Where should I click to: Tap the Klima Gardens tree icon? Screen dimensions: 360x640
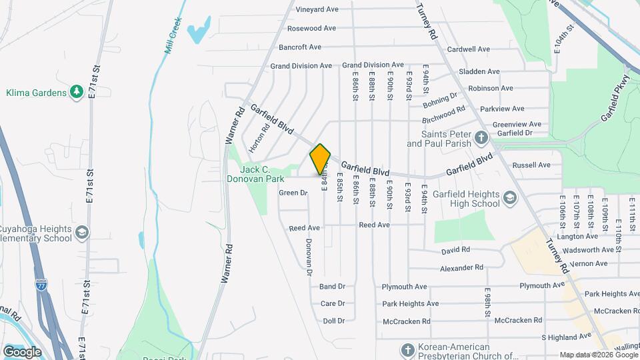(77, 92)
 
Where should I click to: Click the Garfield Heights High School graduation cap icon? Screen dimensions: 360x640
(510, 198)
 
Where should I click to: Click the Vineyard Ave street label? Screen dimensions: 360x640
(317, 9)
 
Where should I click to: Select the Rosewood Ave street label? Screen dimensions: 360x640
(311, 28)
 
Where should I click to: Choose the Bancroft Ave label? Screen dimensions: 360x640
(300, 47)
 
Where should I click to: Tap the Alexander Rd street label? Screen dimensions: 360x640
(461, 267)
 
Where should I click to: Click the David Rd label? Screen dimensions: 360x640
(456, 251)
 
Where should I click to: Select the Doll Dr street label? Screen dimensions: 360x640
(333, 321)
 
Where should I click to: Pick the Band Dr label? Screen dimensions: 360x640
(332, 286)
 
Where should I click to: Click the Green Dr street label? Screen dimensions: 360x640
(293, 193)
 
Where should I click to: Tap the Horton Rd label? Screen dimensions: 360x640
(259, 137)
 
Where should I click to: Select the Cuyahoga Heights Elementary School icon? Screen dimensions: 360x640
(82, 232)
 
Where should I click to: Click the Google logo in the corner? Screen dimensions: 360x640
(22, 351)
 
